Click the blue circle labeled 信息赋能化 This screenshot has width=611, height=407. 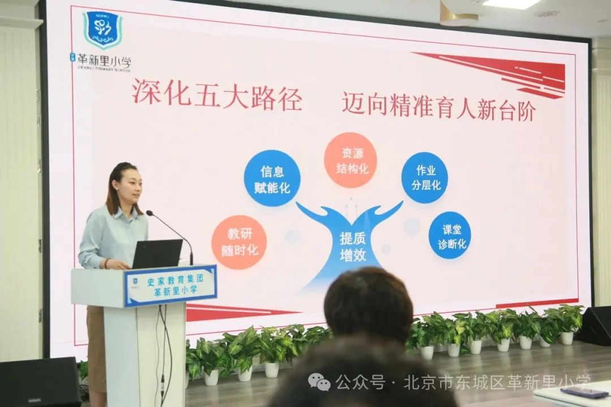(272, 178)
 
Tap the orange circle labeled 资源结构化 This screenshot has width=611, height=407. (351, 160)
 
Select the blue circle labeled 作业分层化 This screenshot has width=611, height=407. (424, 177)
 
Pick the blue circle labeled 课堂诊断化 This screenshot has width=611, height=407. (450, 235)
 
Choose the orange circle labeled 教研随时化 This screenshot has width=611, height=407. (239, 241)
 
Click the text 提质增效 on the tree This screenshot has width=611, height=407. (352, 246)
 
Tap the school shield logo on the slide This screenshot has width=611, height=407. (102, 29)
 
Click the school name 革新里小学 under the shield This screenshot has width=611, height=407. (100, 61)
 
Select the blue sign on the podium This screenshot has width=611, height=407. (170, 285)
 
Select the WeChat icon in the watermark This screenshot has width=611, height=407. (319, 383)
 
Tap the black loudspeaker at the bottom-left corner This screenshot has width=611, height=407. (40, 382)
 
